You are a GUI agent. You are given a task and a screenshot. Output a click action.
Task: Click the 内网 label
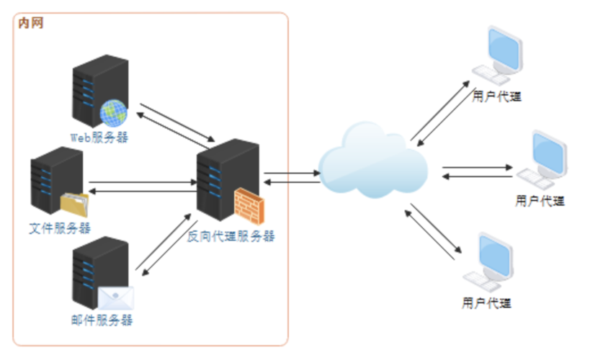(30, 23)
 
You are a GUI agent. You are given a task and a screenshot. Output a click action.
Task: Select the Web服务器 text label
(99, 137)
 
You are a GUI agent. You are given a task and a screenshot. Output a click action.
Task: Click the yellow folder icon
(74, 204)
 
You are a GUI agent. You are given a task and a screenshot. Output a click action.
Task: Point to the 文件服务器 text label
(60, 228)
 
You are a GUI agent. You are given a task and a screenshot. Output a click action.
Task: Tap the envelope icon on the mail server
(116, 298)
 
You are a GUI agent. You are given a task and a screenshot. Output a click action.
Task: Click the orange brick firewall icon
(248, 204)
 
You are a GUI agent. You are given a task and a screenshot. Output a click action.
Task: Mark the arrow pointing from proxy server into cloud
(292, 173)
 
